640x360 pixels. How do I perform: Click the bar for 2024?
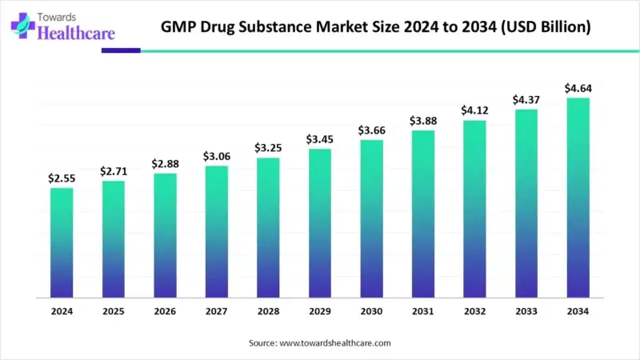(62, 242)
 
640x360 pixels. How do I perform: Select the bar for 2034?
(578, 198)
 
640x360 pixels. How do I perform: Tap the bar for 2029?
(319, 223)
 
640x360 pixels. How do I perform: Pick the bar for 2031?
(422, 214)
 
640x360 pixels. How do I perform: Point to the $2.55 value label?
(62, 178)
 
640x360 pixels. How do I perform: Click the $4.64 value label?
(578, 88)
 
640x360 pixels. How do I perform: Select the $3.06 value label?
(216, 156)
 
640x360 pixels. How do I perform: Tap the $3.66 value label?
(371, 130)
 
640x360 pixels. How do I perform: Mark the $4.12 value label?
(474, 110)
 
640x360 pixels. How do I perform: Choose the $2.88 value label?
(165, 164)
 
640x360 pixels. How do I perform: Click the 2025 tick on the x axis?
(113, 311)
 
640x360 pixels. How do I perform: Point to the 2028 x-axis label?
(268, 311)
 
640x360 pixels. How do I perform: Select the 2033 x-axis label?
(526, 311)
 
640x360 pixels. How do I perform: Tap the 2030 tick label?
(371, 311)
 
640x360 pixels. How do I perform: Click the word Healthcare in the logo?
(77, 34)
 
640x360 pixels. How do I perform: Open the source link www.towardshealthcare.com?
(334, 342)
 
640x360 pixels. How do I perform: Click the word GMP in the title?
(181, 27)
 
